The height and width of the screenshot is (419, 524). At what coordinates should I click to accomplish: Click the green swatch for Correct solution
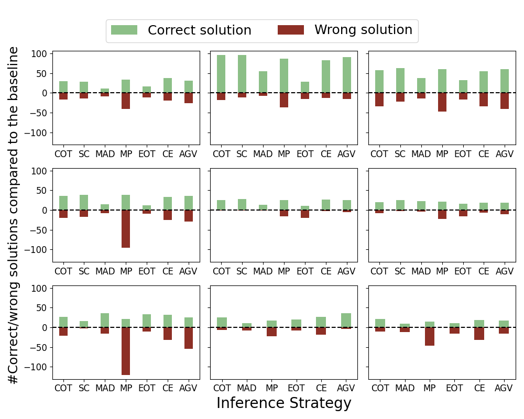coord(124,30)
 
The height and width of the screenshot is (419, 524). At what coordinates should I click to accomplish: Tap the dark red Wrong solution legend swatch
coord(291,30)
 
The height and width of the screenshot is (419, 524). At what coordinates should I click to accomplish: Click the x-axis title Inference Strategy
coord(283,403)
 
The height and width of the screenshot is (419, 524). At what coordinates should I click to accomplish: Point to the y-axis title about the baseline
coord(14,215)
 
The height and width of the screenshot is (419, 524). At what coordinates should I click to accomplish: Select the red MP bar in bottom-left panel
coord(126,351)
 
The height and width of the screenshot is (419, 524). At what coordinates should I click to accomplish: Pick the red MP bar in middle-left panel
coord(126,229)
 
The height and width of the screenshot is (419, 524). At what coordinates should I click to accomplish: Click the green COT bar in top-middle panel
coord(221,74)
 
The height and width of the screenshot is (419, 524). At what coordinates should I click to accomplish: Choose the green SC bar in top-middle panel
coord(242,74)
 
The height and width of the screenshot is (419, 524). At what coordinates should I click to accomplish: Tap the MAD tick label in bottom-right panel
coord(405,389)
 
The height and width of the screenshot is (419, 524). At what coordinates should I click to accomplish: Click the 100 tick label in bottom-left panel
coord(41,289)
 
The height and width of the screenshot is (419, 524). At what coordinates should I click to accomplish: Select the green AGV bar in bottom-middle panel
coord(346,321)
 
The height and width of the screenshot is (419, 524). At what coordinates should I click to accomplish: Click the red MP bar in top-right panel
coord(442,102)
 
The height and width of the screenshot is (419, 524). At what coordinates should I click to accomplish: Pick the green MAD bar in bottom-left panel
coord(105,321)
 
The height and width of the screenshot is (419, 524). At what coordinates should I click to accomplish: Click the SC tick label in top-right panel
coord(400,154)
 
